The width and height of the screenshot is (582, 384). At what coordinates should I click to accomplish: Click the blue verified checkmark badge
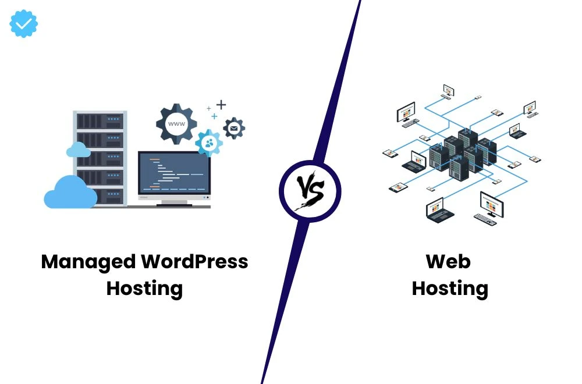(24, 24)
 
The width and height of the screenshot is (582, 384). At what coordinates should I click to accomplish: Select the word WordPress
(194, 262)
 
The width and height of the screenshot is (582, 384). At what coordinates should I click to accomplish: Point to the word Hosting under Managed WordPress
(144, 289)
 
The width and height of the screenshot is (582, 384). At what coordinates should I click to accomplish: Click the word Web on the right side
(448, 262)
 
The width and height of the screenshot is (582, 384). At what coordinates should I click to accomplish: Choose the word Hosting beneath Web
(450, 289)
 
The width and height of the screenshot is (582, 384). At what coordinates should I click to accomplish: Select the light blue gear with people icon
(208, 142)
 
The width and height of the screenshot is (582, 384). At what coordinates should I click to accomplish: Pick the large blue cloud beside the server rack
(70, 192)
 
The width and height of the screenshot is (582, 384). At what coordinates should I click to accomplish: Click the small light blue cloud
(79, 150)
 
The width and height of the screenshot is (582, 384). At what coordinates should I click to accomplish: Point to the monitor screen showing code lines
(174, 173)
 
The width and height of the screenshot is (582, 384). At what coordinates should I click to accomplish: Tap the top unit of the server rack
(100, 121)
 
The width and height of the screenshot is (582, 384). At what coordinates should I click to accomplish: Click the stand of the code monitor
(174, 201)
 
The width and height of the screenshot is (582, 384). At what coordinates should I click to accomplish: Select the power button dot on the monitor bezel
(205, 198)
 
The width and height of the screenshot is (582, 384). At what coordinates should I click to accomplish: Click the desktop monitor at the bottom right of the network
(491, 203)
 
